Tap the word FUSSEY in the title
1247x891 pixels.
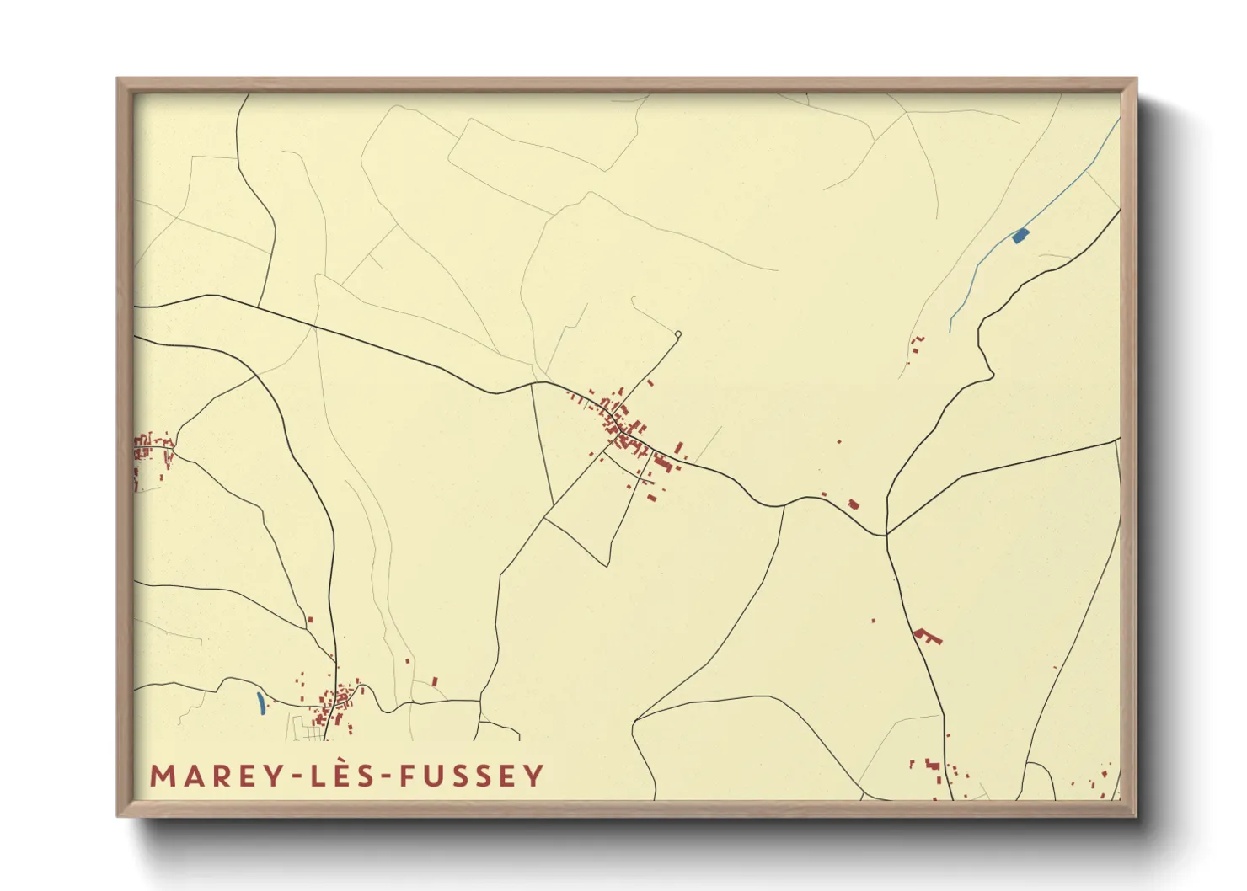coord(472,776)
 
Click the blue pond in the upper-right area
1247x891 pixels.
coord(1020,236)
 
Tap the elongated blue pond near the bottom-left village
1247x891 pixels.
coord(260,703)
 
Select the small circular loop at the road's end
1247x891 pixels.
coord(677,334)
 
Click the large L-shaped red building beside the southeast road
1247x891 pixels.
coord(927,636)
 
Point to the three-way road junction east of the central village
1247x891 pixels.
coord(886,534)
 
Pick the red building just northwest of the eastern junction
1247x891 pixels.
coord(854,504)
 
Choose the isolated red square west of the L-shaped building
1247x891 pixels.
coord(873,621)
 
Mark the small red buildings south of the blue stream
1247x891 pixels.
coord(917,343)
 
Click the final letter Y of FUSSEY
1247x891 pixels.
coord(534,776)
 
